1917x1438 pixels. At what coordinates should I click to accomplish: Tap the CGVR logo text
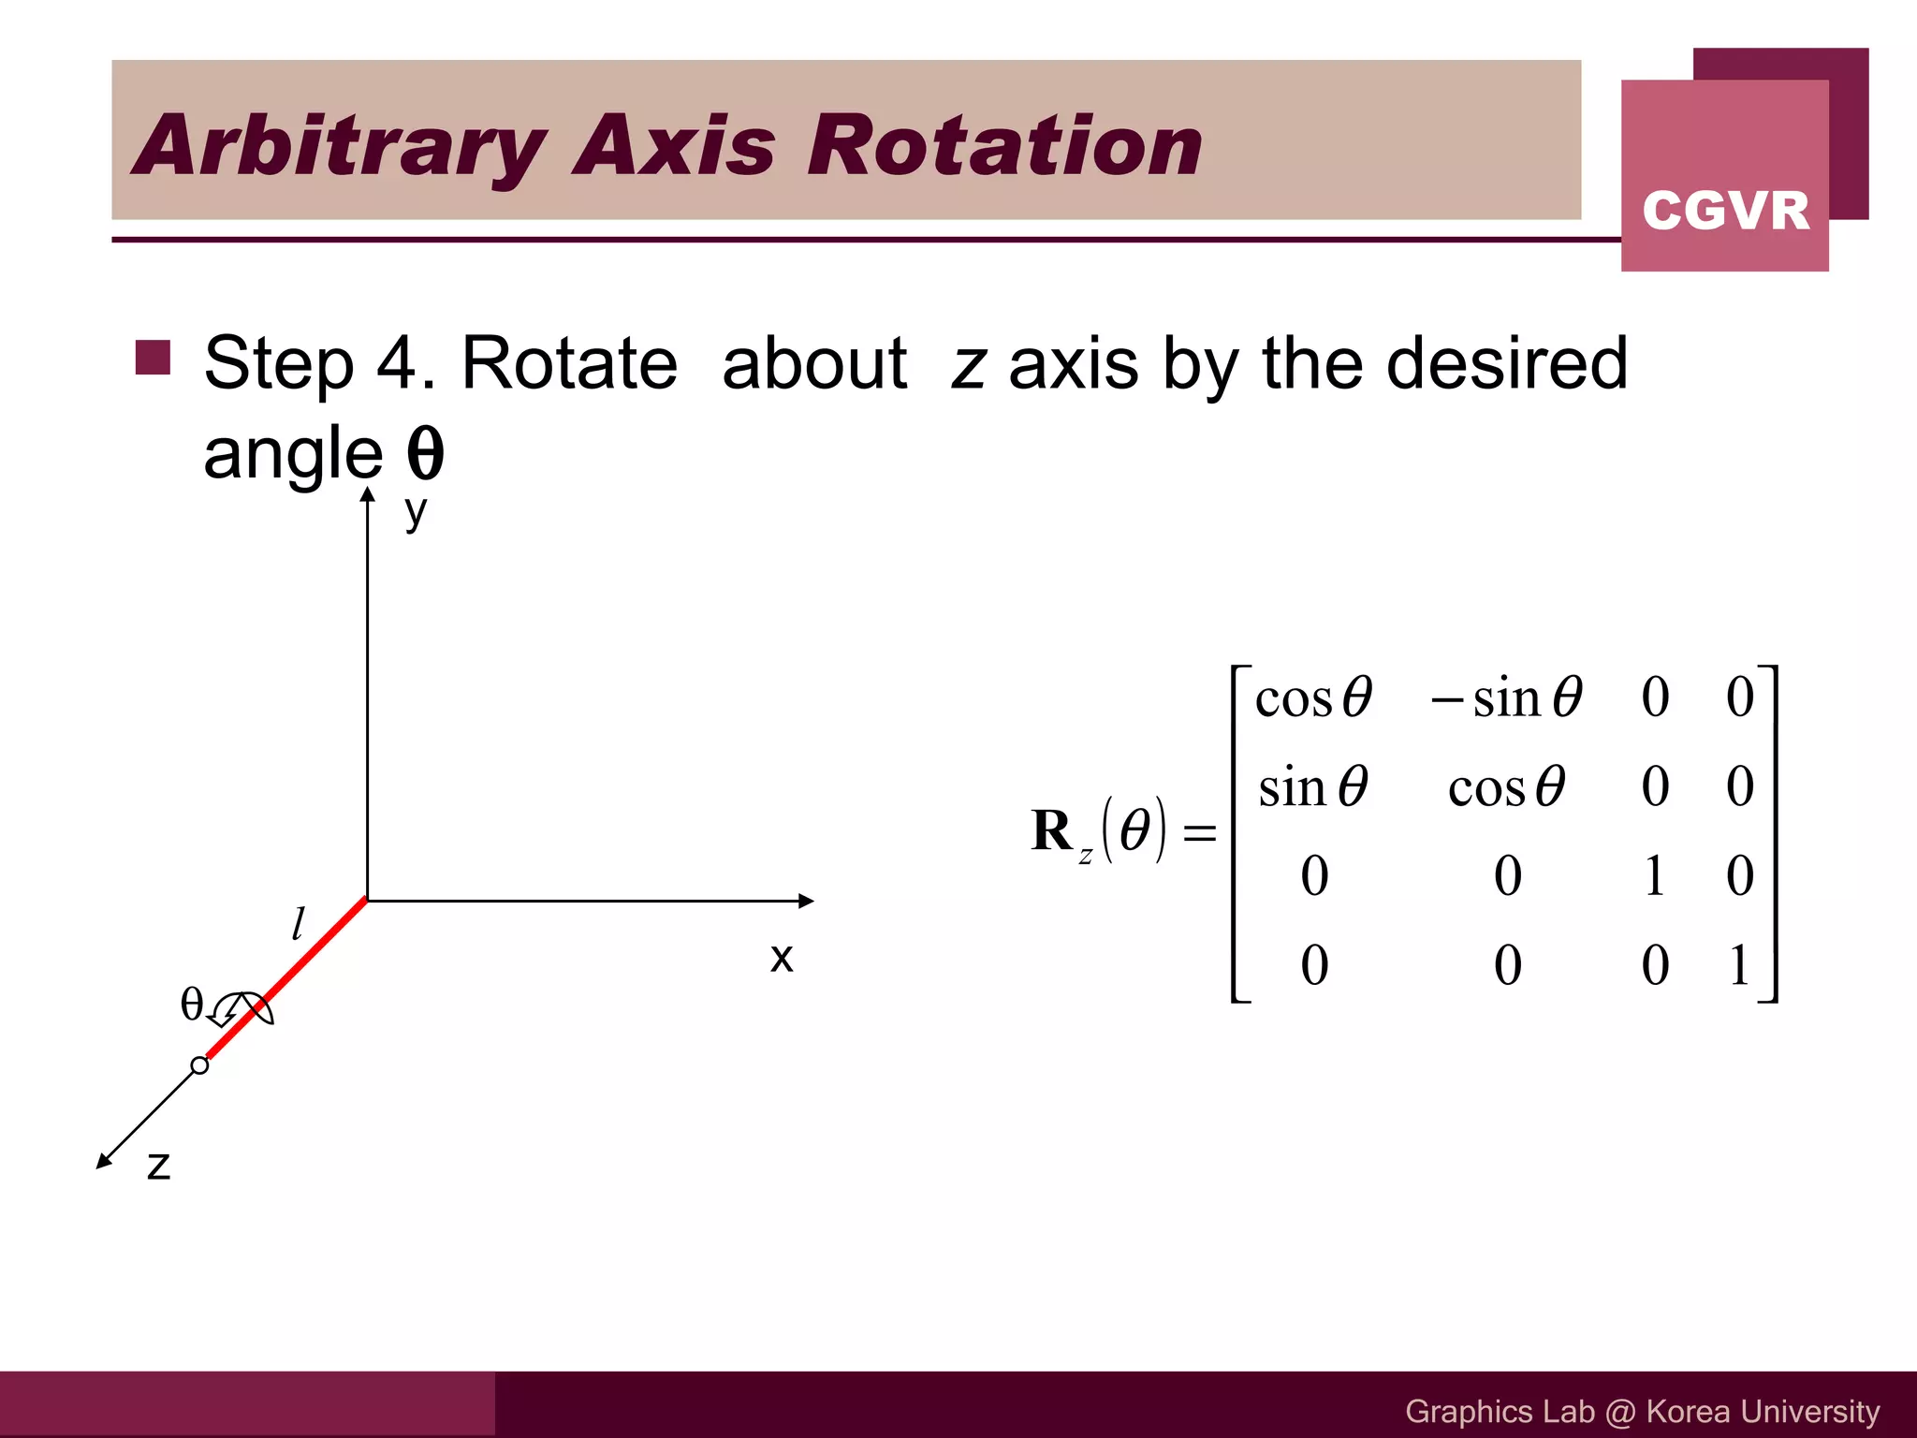[x=1725, y=211]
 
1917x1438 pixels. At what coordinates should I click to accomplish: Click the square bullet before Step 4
[x=153, y=358]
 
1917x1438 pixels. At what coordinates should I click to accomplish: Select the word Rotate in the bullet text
[x=569, y=363]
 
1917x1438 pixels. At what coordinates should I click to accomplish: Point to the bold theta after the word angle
[x=425, y=454]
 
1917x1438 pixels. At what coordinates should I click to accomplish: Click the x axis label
[x=782, y=957]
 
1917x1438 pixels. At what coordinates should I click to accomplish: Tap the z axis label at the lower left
[x=159, y=1166]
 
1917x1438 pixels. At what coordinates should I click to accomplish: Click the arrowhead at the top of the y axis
[x=368, y=496]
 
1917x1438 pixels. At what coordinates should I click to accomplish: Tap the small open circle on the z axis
[x=199, y=1065]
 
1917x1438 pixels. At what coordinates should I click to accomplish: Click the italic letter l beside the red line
[x=298, y=924]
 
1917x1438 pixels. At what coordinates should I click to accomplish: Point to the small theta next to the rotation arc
[x=191, y=1004]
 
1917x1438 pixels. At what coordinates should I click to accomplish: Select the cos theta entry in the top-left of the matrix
[x=1312, y=698]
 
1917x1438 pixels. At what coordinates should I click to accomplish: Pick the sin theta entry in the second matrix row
[x=1312, y=786]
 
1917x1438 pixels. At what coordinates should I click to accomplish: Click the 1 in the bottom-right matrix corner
[x=1739, y=965]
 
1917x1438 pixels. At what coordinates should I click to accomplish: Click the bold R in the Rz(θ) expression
[x=1051, y=830]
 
